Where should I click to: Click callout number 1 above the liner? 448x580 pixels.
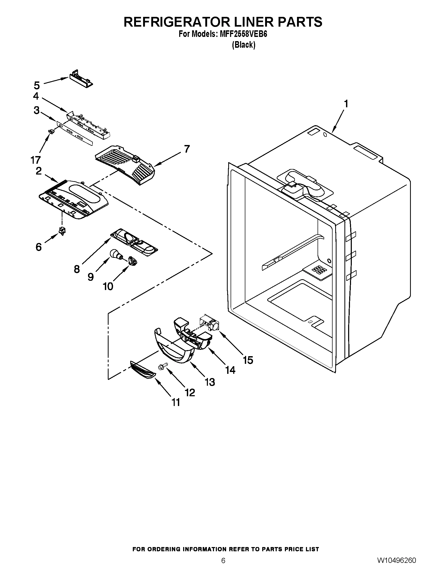coord(346,104)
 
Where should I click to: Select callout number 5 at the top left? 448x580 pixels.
coord(37,85)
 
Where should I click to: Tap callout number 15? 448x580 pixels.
coord(248,360)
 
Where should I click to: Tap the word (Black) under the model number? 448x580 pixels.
coord(244,45)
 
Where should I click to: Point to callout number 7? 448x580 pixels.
coord(187,149)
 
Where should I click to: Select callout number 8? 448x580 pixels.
coord(77,269)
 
